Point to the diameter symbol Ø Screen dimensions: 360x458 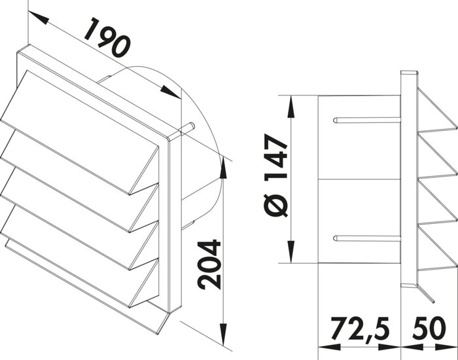coord(275,209)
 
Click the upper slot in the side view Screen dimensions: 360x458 coord(366,120)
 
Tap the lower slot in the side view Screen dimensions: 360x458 coord(366,238)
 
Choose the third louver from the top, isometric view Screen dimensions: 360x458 coord(79,219)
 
